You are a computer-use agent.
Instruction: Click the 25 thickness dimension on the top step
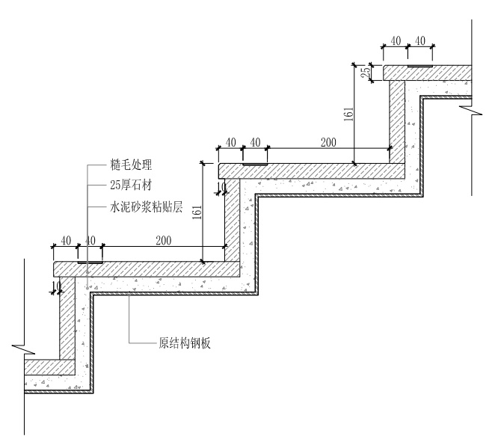click(x=365, y=73)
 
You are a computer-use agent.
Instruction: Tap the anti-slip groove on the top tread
click(x=420, y=67)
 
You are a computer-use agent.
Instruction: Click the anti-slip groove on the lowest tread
click(x=90, y=263)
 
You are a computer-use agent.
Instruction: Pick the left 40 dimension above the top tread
click(x=396, y=40)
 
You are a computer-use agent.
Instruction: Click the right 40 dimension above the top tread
click(x=420, y=40)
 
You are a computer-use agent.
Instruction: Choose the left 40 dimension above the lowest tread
click(x=66, y=240)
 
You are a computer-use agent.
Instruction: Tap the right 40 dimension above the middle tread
click(x=255, y=141)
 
